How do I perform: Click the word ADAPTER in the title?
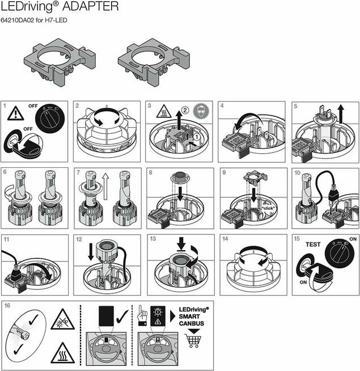pos(90,6)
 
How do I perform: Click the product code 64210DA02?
pos(17,20)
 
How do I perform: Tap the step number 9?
pos(224,172)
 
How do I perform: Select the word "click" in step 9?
pos(268,208)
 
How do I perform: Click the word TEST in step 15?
pos(313,244)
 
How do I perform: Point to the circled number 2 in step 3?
pos(185,110)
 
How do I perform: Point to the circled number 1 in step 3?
pos(196,137)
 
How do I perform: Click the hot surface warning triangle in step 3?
pos(164,111)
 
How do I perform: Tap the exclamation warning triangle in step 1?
pos(16,113)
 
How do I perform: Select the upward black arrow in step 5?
pos(341,114)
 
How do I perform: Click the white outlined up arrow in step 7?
pos(105,186)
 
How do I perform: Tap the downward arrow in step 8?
pos(180,193)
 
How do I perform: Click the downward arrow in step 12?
pos(91,252)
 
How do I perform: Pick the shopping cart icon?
pos(193,341)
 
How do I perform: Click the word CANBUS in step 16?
pos(192,323)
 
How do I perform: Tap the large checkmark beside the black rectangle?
pos(122,317)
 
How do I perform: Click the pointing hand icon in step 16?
pos(142,315)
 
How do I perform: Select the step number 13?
pos(153,239)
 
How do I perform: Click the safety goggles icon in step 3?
pos(201,110)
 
